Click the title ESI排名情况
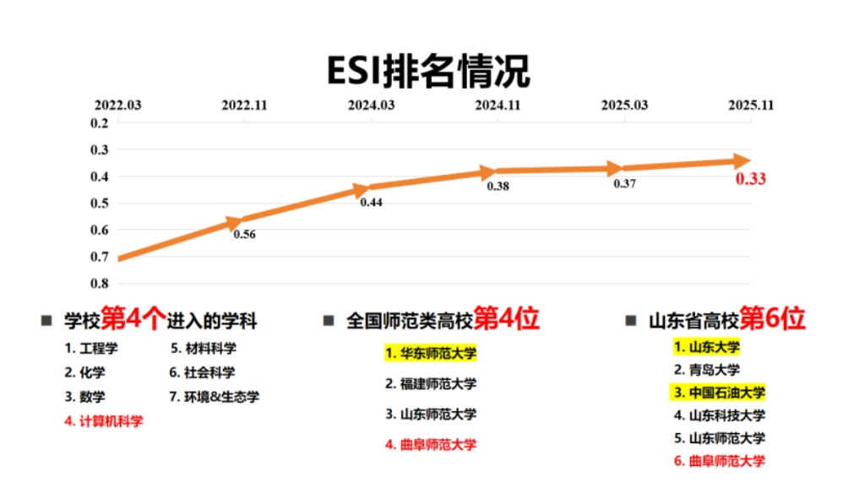428,71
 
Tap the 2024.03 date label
371,106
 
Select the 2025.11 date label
751,106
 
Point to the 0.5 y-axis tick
99,203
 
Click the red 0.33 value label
750,179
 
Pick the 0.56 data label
244,235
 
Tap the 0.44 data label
371,202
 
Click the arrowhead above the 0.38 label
488,171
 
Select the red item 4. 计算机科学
103,421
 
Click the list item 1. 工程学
91,348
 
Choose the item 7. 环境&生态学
215,396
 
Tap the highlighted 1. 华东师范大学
431,353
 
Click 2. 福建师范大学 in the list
431,383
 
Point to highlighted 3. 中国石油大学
719,392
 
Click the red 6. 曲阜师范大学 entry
719,460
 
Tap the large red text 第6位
773,318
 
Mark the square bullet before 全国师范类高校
329,321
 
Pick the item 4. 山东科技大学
719,415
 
